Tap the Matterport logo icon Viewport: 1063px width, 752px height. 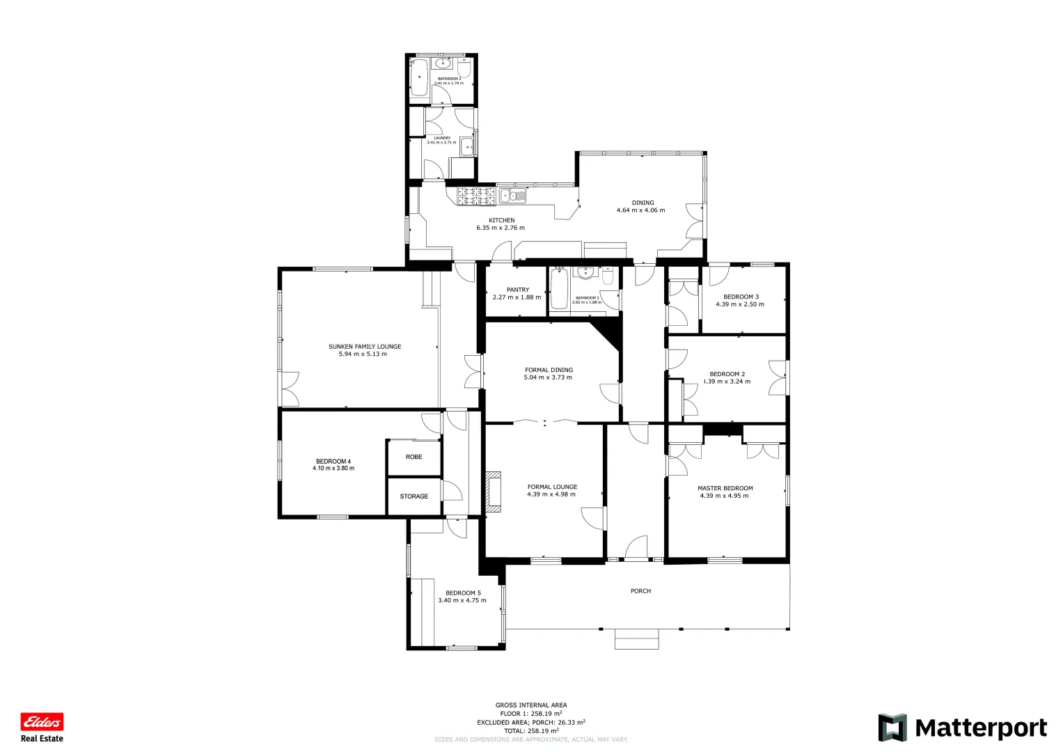click(x=892, y=728)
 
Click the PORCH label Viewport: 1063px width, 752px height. click(x=640, y=591)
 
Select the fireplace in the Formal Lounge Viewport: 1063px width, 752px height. click(x=494, y=492)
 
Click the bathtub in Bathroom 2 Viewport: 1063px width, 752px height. click(x=419, y=78)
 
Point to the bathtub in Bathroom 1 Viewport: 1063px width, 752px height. click(x=559, y=290)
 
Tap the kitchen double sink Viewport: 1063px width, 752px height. click(x=511, y=196)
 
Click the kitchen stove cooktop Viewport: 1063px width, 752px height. click(x=476, y=196)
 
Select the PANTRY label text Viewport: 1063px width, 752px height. click(x=517, y=290)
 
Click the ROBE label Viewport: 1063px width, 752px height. click(x=414, y=457)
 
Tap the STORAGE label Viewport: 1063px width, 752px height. click(x=414, y=496)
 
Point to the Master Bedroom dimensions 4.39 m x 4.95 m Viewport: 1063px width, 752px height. click(x=725, y=496)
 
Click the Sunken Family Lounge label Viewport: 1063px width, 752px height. click(x=365, y=347)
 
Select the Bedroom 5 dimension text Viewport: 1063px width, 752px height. click(x=462, y=600)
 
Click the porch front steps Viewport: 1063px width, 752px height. click(x=636, y=639)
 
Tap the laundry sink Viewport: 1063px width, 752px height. click(x=468, y=147)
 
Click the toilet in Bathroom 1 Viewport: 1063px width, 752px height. click(x=608, y=277)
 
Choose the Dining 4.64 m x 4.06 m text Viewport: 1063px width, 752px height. click(x=640, y=210)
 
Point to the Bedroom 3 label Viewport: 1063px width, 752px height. click(x=741, y=297)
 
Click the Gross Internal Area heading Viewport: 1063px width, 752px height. click(x=531, y=705)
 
